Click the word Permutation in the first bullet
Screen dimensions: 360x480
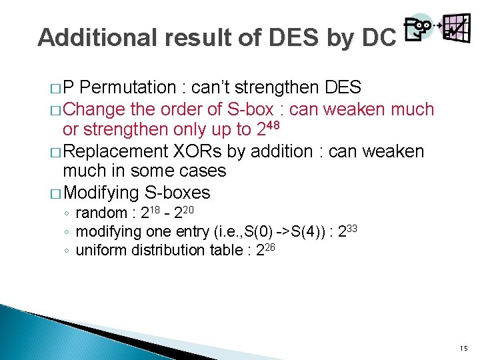(x=131, y=87)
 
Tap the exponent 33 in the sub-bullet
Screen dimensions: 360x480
(x=353, y=229)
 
